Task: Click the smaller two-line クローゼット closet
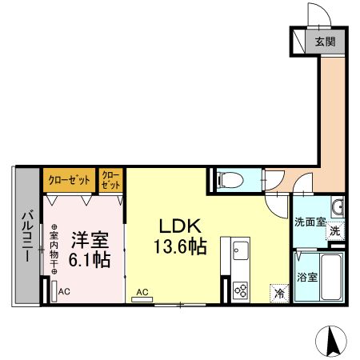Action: point(111,179)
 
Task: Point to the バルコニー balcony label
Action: point(26,235)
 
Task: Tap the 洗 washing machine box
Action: point(335,230)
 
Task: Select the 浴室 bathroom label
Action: point(308,278)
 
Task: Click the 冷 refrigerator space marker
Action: point(279,294)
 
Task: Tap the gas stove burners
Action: point(239,290)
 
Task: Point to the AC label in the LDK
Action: point(142,292)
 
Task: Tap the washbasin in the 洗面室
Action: point(338,208)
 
